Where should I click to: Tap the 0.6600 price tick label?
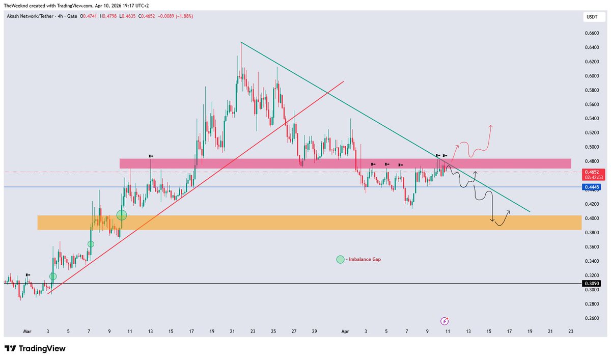pyautogui.click(x=591, y=33)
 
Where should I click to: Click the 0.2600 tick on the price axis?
pyautogui.click(x=591, y=318)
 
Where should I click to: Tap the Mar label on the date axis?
pyautogui.click(x=27, y=331)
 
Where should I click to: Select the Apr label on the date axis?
pyautogui.click(x=345, y=331)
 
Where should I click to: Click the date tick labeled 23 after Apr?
pyautogui.click(x=571, y=331)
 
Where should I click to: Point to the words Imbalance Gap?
pyautogui.click(x=365, y=259)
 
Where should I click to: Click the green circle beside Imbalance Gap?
pyautogui.click(x=340, y=259)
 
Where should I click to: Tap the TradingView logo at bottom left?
pyautogui.click(x=35, y=349)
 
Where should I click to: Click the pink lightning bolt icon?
pyautogui.click(x=445, y=321)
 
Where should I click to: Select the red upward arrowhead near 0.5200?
pyautogui.click(x=491, y=125)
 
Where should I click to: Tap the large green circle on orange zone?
pyautogui.click(x=122, y=215)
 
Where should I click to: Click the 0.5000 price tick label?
pyautogui.click(x=591, y=147)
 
